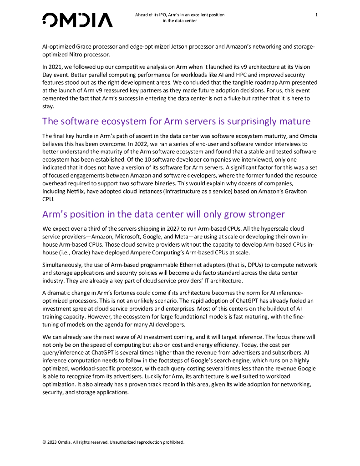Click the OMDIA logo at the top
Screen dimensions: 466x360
click(x=77, y=20)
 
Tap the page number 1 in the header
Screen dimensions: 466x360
click(x=316, y=15)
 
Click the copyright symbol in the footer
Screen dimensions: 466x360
click(x=44, y=442)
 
